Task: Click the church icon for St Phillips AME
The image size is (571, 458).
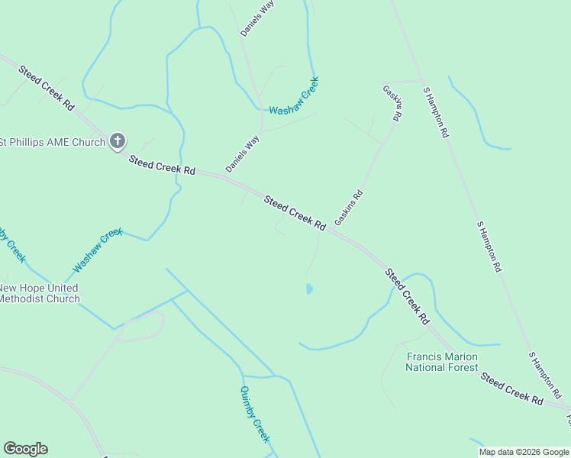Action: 117,140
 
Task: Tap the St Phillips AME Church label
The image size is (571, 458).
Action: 53,141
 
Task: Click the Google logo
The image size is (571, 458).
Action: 25,449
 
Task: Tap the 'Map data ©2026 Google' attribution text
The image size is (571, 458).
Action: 524,452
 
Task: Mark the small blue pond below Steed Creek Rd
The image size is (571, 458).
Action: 309,289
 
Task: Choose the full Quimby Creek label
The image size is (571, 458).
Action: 255,414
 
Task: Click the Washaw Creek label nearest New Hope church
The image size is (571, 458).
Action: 98,250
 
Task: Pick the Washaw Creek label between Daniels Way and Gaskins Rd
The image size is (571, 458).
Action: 293,96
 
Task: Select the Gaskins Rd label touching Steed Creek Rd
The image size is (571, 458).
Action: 348,208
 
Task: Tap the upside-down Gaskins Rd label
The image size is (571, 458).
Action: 392,103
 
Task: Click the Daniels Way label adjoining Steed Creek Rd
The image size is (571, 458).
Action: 243,153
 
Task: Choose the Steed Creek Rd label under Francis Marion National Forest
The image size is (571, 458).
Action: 511,388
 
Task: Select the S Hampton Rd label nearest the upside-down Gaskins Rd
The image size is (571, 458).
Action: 436,111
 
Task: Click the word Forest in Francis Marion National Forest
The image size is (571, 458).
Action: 463,367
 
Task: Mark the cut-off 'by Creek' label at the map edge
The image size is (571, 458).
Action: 12,244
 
